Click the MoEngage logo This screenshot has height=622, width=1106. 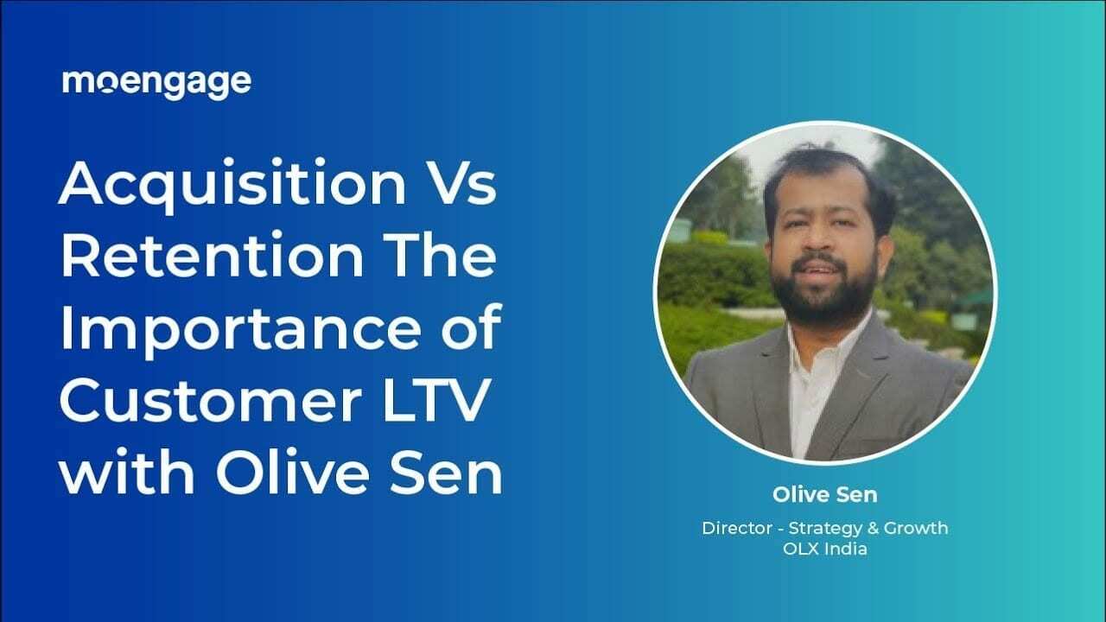point(156,83)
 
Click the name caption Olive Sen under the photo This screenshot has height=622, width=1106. point(824,496)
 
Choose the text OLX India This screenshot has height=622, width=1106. point(824,549)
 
